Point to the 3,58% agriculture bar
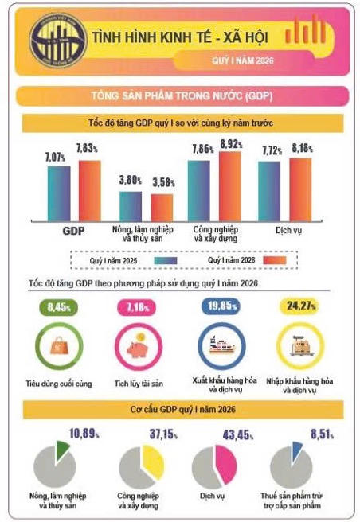point(162,205)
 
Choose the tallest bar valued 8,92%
point(230,184)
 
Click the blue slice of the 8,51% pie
point(297,447)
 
